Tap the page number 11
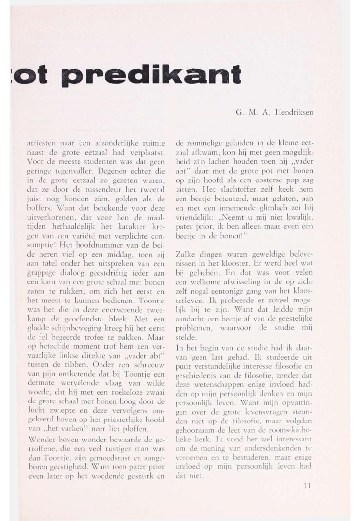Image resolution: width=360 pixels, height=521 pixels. click(x=306, y=485)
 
